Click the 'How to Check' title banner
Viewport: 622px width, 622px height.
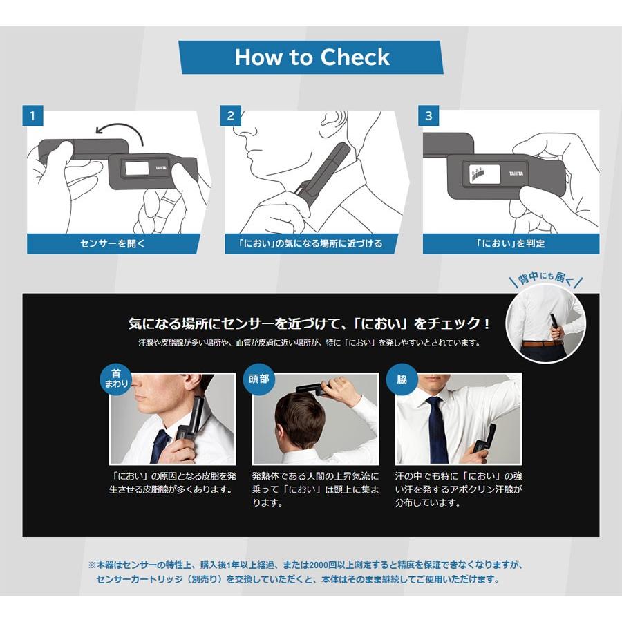pos(311,57)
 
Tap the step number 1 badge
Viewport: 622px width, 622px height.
pos(32,115)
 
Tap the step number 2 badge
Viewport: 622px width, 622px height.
pos(231,115)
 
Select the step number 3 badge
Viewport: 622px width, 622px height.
pos(428,115)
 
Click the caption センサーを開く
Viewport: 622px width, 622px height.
pos(113,243)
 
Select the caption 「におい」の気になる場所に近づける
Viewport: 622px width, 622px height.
pos(311,243)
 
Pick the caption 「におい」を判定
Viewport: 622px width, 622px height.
pos(510,243)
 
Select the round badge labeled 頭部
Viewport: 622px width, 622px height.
pos(262,379)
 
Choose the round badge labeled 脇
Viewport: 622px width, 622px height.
pos(402,379)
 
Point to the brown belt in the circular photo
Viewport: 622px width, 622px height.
pos(543,343)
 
